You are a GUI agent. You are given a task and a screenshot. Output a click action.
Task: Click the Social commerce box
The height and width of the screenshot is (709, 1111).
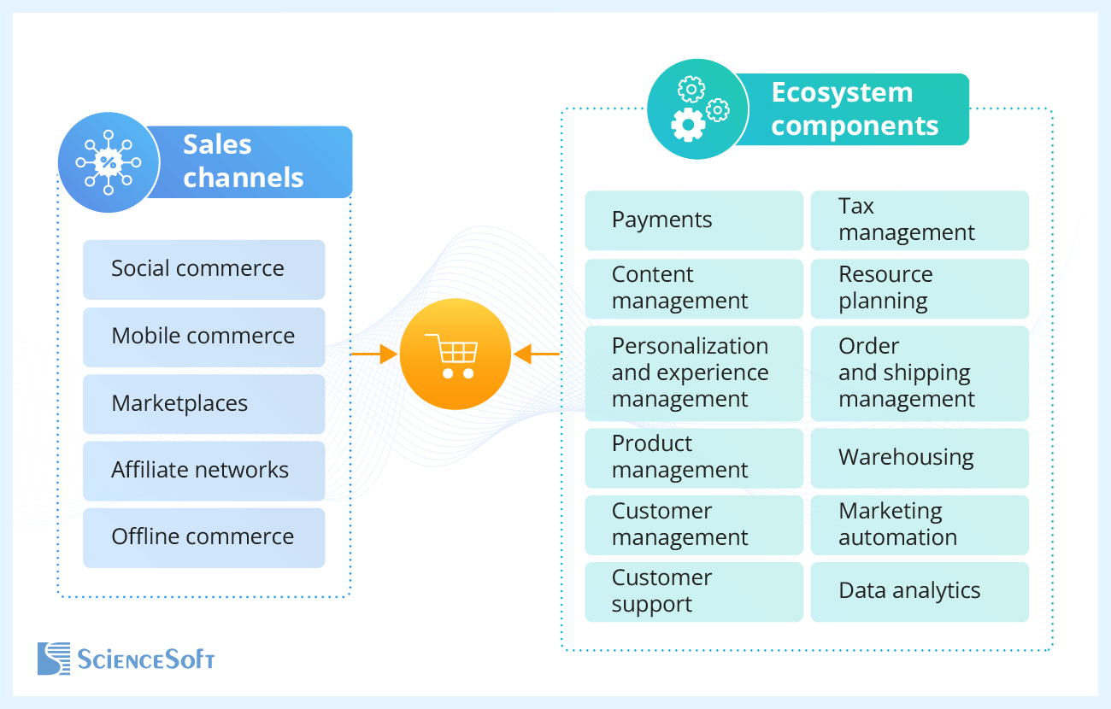[x=203, y=269]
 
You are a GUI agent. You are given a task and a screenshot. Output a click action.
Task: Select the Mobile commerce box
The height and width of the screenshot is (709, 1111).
[x=203, y=337]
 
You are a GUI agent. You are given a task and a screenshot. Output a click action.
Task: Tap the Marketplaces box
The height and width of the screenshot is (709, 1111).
[x=203, y=403]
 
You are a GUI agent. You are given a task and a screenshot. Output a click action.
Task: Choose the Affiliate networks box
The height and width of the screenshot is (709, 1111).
[x=203, y=470]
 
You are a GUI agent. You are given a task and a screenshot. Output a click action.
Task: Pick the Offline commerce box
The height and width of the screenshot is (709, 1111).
[x=203, y=537]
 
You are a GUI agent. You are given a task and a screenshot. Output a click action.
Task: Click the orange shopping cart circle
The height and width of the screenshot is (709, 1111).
[x=455, y=354]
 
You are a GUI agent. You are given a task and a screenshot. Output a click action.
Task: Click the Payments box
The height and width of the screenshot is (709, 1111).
[x=693, y=220]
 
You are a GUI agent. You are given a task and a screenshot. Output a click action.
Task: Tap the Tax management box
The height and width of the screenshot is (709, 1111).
[x=919, y=220]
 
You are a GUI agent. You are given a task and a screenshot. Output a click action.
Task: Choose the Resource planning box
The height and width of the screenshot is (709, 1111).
[x=919, y=288]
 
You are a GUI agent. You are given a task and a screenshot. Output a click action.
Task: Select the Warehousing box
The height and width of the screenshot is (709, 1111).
[x=919, y=458]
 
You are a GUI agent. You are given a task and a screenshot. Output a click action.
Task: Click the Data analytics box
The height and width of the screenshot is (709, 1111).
[x=919, y=591]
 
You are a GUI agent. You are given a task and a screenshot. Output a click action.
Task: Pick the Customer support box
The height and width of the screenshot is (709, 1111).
[x=693, y=591]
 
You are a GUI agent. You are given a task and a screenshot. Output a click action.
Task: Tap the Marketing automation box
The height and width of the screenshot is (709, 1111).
[x=919, y=524]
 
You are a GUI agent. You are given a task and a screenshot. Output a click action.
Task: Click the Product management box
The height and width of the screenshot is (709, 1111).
[x=693, y=458]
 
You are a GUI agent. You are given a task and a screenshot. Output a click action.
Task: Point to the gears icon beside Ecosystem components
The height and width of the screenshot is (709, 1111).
[x=697, y=108]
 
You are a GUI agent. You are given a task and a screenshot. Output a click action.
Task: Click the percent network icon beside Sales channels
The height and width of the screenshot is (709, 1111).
[x=108, y=161]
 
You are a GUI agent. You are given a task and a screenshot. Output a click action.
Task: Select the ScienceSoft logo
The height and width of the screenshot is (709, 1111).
[x=126, y=659]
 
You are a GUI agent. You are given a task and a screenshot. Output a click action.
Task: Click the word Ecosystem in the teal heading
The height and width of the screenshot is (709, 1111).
[x=842, y=92]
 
